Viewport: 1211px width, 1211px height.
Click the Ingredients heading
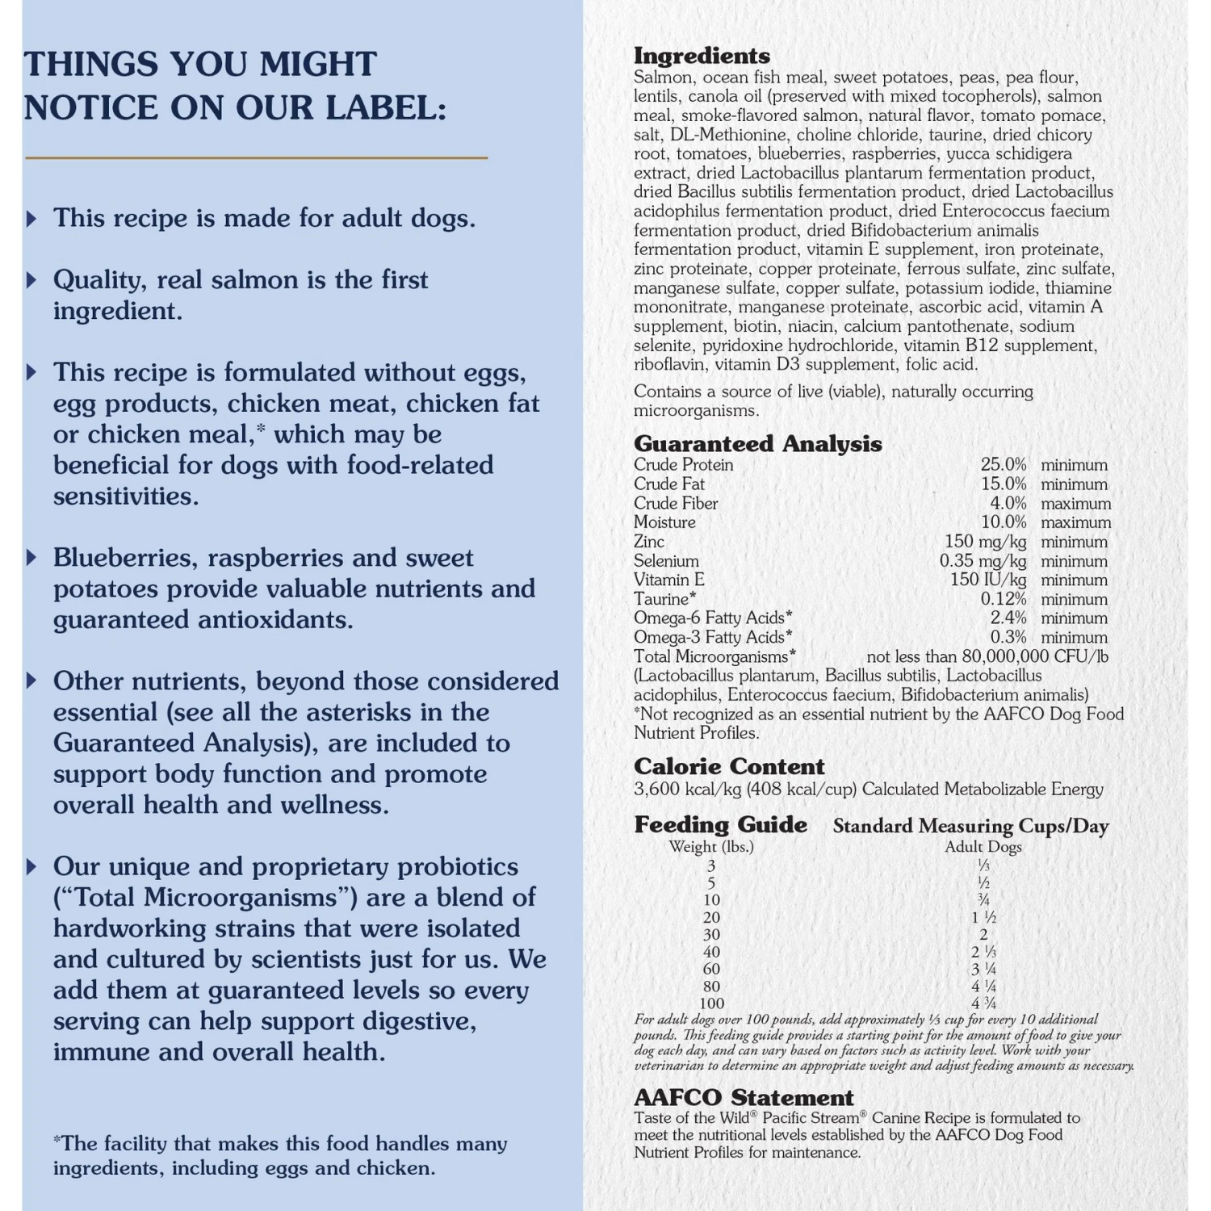click(702, 56)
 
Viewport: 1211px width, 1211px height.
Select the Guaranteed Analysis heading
click(757, 443)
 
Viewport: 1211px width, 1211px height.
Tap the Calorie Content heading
click(729, 766)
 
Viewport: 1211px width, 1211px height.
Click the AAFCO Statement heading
click(744, 1098)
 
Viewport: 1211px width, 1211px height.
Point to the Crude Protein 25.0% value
click(1004, 465)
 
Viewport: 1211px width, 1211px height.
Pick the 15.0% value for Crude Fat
click(1004, 484)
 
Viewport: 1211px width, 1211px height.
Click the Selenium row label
click(666, 561)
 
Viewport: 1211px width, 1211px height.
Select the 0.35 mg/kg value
click(983, 561)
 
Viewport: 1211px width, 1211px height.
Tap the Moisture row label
click(664, 522)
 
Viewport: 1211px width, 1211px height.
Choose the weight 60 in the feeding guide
click(711, 969)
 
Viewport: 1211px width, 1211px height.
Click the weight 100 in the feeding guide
click(711, 1004)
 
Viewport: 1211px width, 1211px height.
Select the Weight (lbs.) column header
click(710, 847)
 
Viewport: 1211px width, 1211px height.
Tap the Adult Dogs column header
click(983, 847)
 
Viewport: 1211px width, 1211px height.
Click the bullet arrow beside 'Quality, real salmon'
click(31, 280)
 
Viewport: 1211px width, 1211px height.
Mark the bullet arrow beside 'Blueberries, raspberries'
click(31, 558)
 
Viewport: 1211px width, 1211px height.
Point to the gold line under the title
click(256, 157)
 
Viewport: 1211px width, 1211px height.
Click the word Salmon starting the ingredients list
click(663, 78)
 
